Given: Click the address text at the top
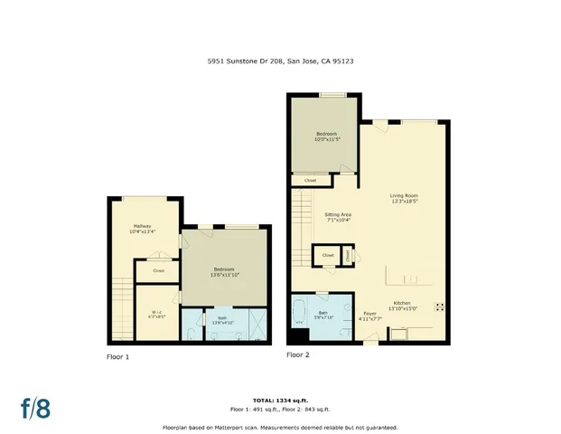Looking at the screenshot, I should tap(280, 62).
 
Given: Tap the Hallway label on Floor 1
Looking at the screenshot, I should tap(142, 228).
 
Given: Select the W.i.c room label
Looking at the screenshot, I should tap(157, 316).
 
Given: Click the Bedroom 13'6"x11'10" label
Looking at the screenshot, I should tap(224, 271).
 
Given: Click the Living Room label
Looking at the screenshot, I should tap(404, 198).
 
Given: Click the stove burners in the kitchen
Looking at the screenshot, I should tap(438, 306).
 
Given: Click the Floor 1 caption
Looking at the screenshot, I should tap(118, 356).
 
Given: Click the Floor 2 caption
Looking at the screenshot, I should tap(298, 354).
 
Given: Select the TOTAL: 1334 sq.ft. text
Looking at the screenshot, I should tap(280, 399).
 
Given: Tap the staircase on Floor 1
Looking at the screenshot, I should tap(120, 308).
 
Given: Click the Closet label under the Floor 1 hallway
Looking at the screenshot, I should tap(158, 270).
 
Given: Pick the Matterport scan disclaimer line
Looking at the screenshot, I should tap(280, 427).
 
